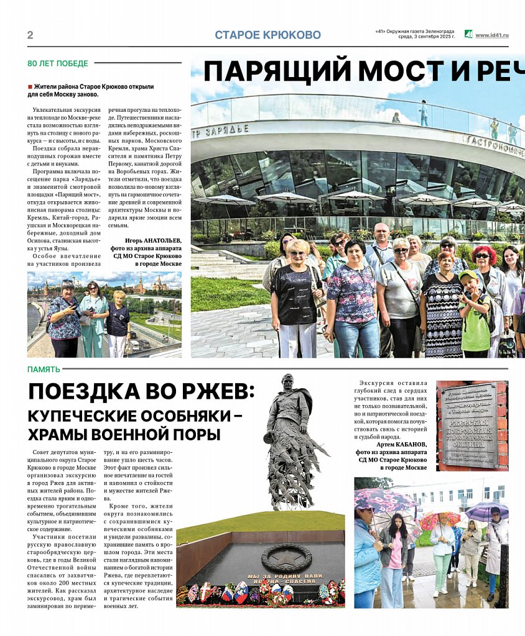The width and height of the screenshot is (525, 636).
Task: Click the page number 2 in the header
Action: coord(30,35)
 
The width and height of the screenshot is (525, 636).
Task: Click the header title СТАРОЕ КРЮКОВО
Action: coord(267,35)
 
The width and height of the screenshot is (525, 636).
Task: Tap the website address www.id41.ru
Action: coord(491,35)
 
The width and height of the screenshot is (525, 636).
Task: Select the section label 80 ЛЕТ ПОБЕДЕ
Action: coord(58,63)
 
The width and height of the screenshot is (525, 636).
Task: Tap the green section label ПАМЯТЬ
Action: coord(44,370)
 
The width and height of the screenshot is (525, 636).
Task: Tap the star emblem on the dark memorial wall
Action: coord(285,557)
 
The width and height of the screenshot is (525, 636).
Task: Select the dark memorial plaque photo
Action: coord(472,425)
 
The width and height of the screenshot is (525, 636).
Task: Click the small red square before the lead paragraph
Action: coord(30,86)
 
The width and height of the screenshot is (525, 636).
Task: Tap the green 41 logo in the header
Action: coord(468,34)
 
